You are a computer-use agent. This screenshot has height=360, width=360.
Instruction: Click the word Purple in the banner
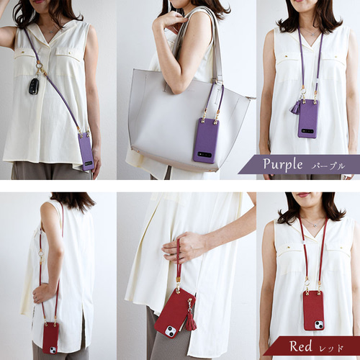tap(283, 165)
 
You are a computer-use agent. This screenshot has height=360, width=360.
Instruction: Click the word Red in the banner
tap(301, 346)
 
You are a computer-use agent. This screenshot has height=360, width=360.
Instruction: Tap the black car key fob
tap(33, 86)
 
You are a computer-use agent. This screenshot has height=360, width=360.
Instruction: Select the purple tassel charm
tap(295, 107)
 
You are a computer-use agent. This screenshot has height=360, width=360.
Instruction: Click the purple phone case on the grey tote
tap(207, 140)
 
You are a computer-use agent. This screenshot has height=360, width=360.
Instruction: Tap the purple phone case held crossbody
tap(86, 152)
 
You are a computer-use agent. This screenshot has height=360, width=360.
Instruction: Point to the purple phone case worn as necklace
tap(308, 119)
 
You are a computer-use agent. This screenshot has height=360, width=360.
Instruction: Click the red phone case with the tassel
tap(175, 312)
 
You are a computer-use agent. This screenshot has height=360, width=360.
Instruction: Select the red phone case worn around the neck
tap(314, 310)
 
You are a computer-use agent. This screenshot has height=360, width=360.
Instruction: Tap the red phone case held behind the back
tap(50, 338)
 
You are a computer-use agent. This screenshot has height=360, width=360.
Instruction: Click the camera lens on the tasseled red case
tap(169, 331)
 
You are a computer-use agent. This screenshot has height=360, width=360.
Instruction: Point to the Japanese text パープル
tap(328, 166)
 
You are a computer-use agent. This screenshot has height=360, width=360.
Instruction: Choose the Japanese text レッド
tap(331, 348)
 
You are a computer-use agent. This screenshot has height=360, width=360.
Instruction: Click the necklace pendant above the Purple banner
tap(312, 35)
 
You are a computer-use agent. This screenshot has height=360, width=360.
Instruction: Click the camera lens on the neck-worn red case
tap(319, 325)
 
